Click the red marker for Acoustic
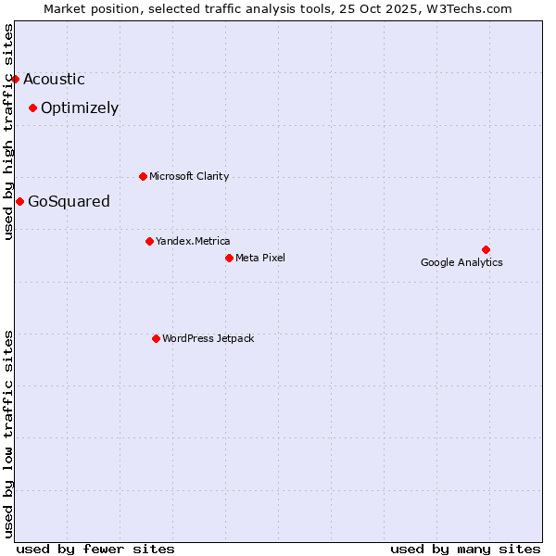(x=15, y=79)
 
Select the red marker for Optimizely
(x=32, y=107)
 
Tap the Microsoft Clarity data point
(x=143, y=176)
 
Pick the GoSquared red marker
(x=19, y=201)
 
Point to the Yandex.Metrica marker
(x=149, y=241)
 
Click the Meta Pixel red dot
(x=229, y=258)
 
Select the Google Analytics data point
(x=486, y=249)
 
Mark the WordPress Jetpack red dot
(x=156, y=338)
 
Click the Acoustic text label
(x=54, y=80)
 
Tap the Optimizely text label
(x=80, y=108)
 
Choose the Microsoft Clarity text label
(x=189, y=177)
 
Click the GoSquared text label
(x=69, y=202)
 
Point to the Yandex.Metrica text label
(x=193, y=242)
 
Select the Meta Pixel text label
(x=260, y=259)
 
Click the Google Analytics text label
(x=461, y=262)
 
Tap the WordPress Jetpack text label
(x=208, y=339)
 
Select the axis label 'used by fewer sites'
(x=95, y=549)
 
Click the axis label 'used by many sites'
(x=465, y=549)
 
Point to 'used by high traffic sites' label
(x=8, y=131)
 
